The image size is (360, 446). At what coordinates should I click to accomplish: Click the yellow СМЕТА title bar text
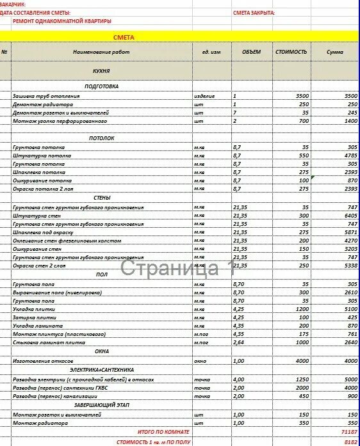[124, 38]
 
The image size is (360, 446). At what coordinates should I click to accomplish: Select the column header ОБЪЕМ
[252, 51]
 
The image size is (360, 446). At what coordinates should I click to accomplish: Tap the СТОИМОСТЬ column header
[291, 51]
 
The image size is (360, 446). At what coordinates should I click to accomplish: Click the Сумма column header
[334, 51]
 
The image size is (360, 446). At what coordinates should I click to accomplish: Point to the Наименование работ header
[101, 51]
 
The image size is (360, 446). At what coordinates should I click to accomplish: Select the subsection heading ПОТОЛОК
[101, 138]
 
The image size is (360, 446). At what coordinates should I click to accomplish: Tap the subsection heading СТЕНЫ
[101, 198]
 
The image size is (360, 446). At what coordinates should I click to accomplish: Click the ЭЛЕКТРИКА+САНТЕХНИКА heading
[101, 370]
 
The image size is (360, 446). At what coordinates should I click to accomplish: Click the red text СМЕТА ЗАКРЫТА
[254, 13]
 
